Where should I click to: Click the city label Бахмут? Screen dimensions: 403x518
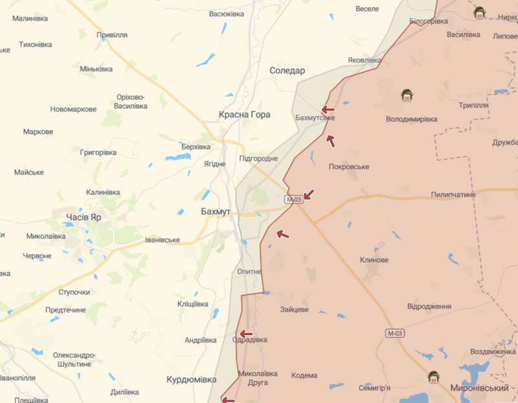pyautogui.click(x=216, y=212)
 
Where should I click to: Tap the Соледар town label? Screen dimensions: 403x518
pyautogui.click(x=287, y=71)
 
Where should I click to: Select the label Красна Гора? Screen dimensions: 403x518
pyautogui.click(x=245, y=115)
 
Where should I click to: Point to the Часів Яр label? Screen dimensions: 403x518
pyautogui.click(x=84, y=216)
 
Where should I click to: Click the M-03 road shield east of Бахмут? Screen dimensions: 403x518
pyautogui.click(x=293, y=200)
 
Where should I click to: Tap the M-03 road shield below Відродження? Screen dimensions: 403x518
pyautogui.click(x=394, y=333)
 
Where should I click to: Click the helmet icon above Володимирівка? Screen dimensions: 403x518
pyautogui.click(x=407, y=95)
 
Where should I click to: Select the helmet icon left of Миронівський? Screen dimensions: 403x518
pyautogui.click(x=433, y=376)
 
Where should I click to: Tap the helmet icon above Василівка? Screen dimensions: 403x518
pyautogui.click(x=479, y=12)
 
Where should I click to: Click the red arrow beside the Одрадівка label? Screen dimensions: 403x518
pyautogui.click(x=245, y=334)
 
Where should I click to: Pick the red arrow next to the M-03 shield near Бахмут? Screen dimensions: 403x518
pyautogui.click(x=308, y=194)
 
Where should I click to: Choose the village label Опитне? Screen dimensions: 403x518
pyautogui.click(x=249, y=271)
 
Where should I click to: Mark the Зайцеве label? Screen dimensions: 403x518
pyautogui.click(x=295, y=310)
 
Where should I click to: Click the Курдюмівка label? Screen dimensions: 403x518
pyautogui.click(x=191, y=380)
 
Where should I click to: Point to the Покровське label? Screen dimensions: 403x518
pyautogui.click(x=349, y=167)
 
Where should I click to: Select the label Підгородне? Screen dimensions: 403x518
pyautogui.click(x=258, y=159)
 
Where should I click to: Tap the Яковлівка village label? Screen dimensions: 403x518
pyautogui.click(x=365, y=60)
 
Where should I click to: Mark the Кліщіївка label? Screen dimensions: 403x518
pyautogui.click(x=193, y=304)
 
